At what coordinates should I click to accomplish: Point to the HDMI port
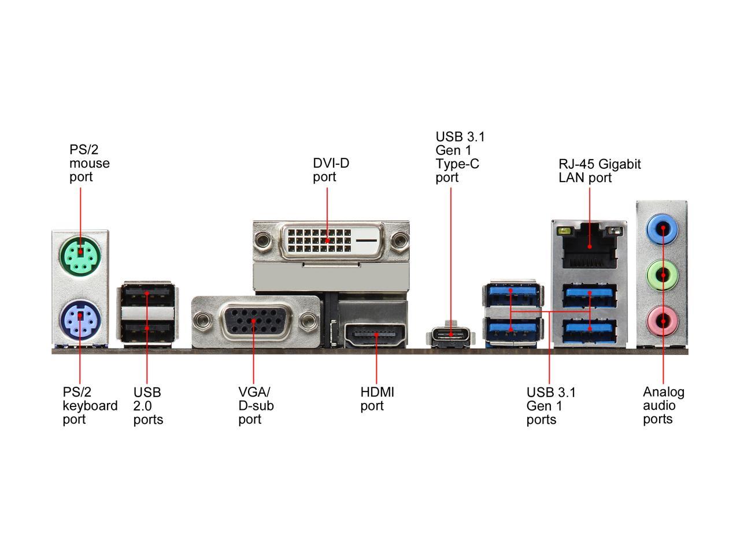(x=376, y=335)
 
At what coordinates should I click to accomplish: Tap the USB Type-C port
(x=450, y=335)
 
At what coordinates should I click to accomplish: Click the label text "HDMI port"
(x=377, y=399)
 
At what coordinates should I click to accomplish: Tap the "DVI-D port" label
(x=331, y=170)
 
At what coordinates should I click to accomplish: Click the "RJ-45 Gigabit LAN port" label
(x=600, y=171)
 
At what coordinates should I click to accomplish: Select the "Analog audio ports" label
(x=663, y=405)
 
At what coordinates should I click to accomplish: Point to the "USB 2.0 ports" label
(x=148, y=406)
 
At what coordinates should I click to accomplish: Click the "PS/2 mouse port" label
(x=89, y=163)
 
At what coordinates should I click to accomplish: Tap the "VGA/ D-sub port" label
(x=256, y=406)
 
